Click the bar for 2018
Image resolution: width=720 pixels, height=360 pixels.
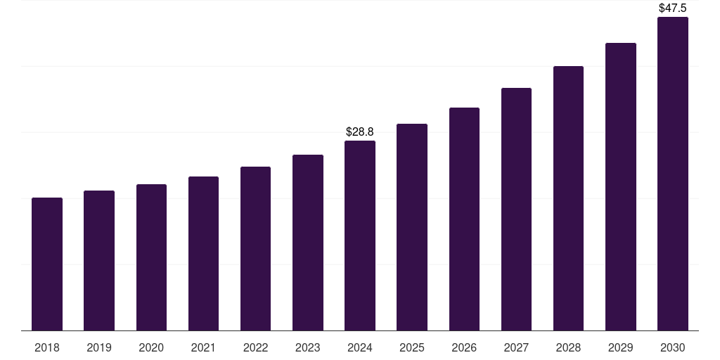tap(47, 264)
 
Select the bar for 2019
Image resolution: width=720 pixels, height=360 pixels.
tap(99, 261)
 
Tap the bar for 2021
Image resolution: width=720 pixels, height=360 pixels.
tap(203, 254)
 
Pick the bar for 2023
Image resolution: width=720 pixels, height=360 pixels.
tap(308, 243)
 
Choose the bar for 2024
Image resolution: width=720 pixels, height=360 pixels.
tap(360, 236)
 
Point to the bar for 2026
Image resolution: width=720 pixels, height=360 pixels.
tap(464, 219)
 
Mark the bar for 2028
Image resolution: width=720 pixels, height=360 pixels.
tap(568, 198)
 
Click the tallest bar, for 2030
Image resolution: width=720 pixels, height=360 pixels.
tap(673, 174)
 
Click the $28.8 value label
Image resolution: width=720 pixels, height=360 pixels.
tap(360, 131)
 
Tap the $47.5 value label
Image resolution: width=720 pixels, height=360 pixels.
tap(673, 8)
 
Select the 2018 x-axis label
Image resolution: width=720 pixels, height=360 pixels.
tap(47, 347)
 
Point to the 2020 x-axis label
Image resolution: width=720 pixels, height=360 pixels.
tap(151, 347)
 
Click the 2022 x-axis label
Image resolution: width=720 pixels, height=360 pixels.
tap(255, 347)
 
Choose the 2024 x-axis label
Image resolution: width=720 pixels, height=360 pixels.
tap(360, 347)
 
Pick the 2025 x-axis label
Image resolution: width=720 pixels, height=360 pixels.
tap(412, 347)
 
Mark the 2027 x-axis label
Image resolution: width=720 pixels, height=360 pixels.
tap(516, 347)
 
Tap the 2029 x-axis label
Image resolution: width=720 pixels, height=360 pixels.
tap(620, 347)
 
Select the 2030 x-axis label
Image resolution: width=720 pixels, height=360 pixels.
tap(673, 347)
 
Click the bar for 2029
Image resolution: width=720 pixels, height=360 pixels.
tap(620, 187)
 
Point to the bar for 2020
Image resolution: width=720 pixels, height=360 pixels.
tap(151, 257)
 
